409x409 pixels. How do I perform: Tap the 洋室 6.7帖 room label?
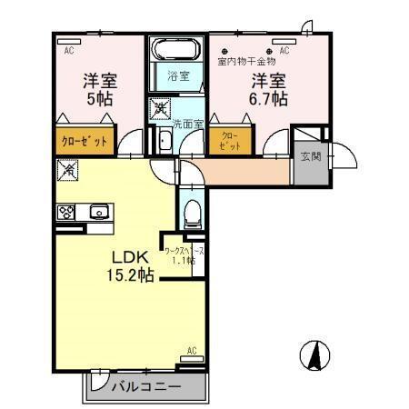[270, 88]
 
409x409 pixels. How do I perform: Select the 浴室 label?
[177, 77]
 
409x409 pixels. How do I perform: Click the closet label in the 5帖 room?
[85, 142]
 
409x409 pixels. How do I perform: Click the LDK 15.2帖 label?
[131, 264]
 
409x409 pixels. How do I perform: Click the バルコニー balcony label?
[146, 386]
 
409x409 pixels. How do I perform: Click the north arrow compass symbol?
[312, 355]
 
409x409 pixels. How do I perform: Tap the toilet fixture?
[191, 214]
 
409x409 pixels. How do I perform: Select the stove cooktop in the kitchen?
[67, 212]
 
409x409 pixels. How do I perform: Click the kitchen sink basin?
[97, 212]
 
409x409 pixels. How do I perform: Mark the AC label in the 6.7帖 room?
[284, 51]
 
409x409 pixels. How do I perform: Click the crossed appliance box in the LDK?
[67, 169]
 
